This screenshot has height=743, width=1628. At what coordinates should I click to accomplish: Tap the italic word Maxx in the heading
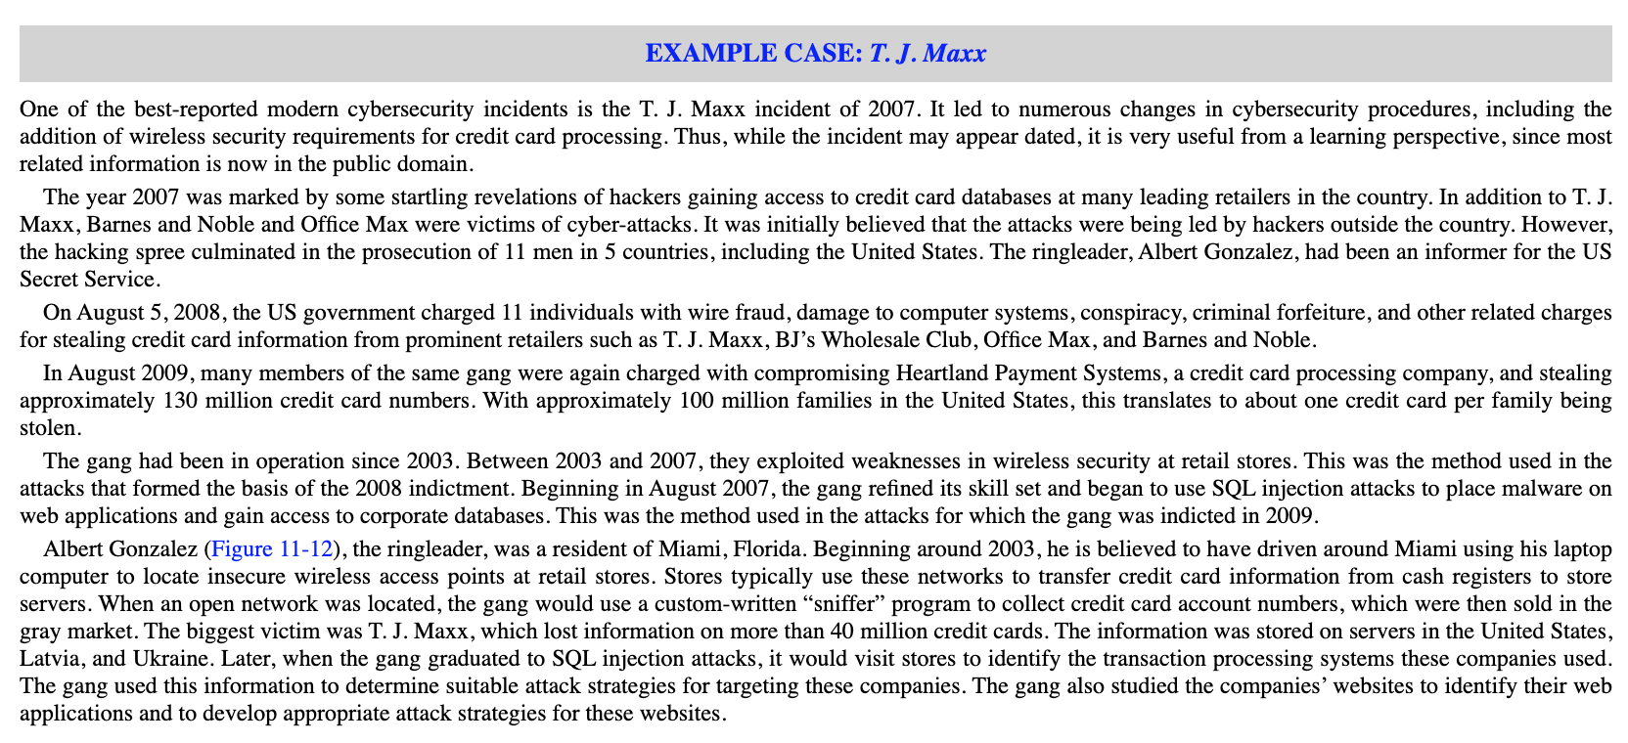(x=954, y=53)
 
